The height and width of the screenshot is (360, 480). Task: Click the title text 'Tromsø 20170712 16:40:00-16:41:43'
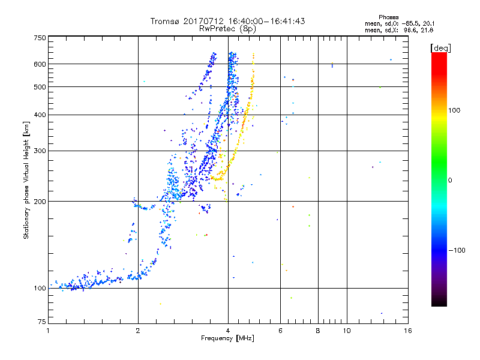(x=227, y=21)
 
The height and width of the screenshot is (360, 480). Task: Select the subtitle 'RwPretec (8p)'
(x=227, y=28)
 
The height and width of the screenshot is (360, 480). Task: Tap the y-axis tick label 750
(x=40, y=38)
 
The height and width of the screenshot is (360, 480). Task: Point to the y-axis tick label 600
(x=40, y=64)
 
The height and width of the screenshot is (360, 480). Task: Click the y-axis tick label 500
(x=40, y=87)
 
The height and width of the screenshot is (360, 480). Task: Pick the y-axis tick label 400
(x=40, y=115)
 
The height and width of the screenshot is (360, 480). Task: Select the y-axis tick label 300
(x=40, y=151)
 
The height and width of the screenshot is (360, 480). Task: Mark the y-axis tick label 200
(x=40, y=201)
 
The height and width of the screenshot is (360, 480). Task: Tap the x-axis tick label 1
(x=49, y=331)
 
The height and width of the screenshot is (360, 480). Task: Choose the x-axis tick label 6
(x=280, y=331)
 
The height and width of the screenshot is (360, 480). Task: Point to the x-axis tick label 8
(x=317, y=331)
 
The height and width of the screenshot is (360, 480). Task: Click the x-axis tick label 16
(x=407, y=331)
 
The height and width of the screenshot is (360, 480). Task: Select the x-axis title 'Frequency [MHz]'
(x=227, y=339)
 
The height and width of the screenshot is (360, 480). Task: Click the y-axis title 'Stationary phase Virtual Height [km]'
(x=26, y=180)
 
